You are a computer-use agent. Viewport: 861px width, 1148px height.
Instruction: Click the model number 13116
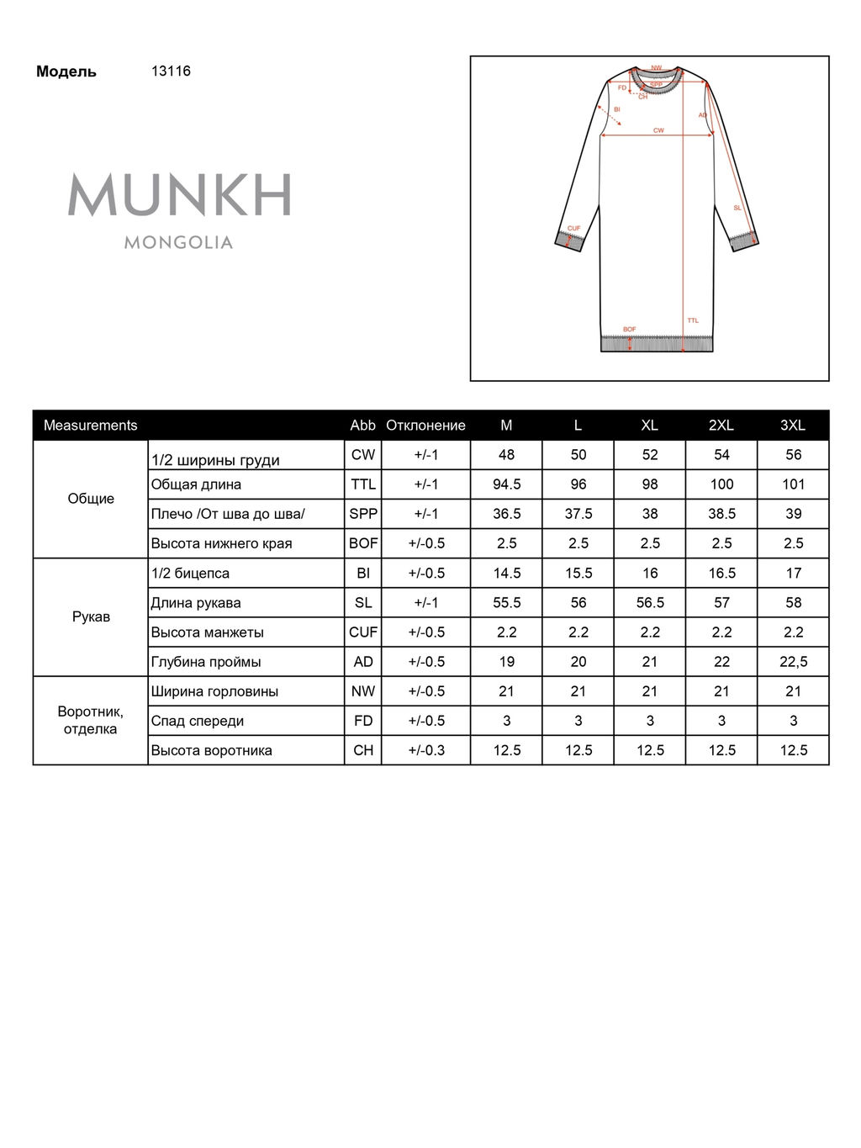[x=171, y=71]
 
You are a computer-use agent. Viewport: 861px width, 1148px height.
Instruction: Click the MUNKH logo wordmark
[x=179, y=195]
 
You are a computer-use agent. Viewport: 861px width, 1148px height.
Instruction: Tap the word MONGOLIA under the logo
[x=178, y=243]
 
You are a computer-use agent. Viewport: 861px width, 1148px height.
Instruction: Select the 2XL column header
[x=721, y=426]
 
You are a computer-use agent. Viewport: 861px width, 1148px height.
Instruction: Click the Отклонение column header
[x=425, y=426]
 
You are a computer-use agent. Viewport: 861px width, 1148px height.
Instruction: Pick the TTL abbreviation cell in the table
[x=363, y=484]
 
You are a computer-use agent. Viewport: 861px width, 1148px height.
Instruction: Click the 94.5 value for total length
[x=506, y=484]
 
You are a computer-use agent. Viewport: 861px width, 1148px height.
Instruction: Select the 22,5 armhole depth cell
[x=793, y=662]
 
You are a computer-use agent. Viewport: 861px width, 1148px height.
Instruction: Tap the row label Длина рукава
[x=196, y=603]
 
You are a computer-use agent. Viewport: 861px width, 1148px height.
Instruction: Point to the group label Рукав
[x=91, y=617]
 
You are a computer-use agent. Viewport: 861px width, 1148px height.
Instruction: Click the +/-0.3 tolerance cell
[x=425, y=750]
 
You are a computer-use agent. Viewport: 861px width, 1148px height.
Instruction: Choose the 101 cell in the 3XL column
[x=793, y=484]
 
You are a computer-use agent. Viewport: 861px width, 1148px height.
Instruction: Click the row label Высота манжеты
[x=207, y=632]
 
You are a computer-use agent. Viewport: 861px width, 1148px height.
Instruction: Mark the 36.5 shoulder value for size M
[x=506, y=514]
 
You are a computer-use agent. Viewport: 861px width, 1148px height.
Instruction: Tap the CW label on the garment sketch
[x=658, y=130]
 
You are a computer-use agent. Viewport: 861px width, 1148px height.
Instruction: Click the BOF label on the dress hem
[x=630, y=330]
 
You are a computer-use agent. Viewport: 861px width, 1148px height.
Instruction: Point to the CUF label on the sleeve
[x=573, y=229]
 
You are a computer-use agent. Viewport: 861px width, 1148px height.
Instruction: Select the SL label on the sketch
[x=737, y=208]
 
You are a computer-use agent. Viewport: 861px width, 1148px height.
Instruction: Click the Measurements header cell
[x=90, y=426]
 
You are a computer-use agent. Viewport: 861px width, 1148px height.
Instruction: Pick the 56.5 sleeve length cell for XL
[x=650, y=603]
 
